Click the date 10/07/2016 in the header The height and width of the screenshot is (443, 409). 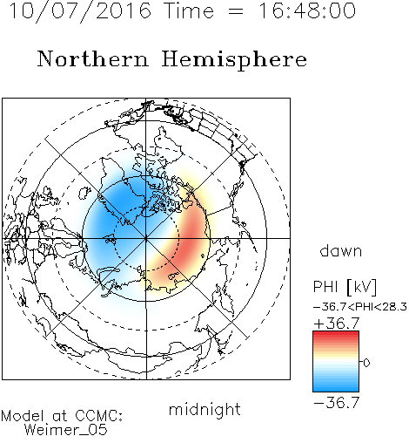[80, 11]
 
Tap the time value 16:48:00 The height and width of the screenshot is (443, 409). [307, 11]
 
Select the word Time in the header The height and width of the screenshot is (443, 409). [189, 11]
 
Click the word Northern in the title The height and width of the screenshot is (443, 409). [93, 58]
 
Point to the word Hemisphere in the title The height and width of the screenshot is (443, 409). [234, 60]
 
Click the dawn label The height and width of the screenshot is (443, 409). [341, 250]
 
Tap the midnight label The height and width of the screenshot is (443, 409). [204, 409]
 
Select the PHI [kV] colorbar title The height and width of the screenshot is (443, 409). [345, 287]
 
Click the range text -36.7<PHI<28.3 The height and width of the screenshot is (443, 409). [360, 307]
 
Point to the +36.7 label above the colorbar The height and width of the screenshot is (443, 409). [337, 324]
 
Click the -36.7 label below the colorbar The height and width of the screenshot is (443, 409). [337, 403]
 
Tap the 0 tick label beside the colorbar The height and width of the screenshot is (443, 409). [366, 363]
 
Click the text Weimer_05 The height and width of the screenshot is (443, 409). [66, 430]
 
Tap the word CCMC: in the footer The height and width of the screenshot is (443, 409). [98, 416]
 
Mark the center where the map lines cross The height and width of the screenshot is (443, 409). [146, 238]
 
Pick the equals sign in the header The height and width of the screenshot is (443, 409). [236, 11]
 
